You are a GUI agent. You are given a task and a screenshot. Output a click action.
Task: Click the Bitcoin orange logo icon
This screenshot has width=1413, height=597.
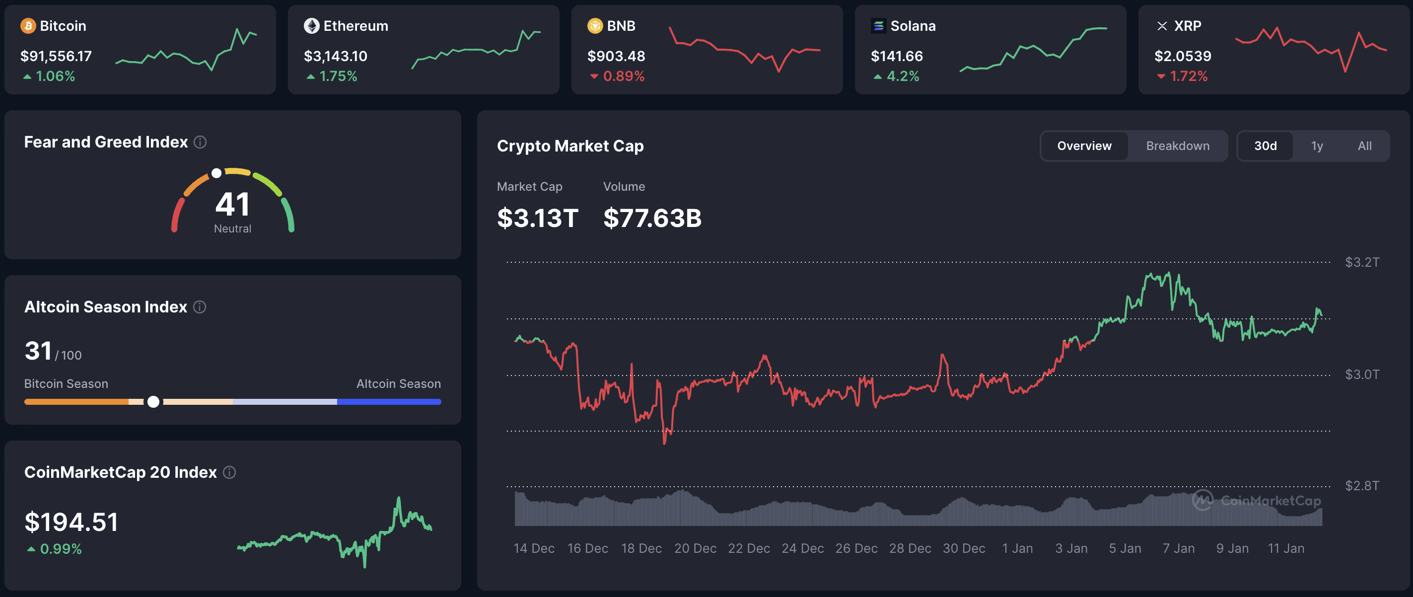click(x=28, y=26)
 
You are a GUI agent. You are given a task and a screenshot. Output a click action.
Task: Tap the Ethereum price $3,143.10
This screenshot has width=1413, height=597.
click(x=335, y=56)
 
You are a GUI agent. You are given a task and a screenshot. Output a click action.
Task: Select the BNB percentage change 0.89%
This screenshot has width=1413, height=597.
click(x=623, y=76)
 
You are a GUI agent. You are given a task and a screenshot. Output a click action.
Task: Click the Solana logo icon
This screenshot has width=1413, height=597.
click(x=878, y=26)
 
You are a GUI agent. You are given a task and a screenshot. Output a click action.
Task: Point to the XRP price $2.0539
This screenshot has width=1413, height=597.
click(x=1182, y=56)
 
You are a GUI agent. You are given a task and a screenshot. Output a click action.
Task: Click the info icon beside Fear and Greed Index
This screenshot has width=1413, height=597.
click(x=200, y=142)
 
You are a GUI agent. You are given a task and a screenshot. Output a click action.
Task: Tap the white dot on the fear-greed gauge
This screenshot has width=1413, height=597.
click(x=216, y=173)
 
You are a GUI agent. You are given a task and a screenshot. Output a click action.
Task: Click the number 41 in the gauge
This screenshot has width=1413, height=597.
click(x=232, y=204)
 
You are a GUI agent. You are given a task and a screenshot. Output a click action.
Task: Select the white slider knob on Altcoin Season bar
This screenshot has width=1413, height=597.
click(x=153, y=402)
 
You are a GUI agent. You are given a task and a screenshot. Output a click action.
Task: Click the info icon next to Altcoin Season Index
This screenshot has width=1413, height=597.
click(x=200, y=307)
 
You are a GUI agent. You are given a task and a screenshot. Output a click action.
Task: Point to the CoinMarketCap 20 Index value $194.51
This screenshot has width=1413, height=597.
click(x=71, y=522)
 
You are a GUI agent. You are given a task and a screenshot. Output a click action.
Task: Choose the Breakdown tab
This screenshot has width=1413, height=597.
click(x=1177, y=146)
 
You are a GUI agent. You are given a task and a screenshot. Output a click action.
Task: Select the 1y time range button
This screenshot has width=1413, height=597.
click(x=1317, y=146)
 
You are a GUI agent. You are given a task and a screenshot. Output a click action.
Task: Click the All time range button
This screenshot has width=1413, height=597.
click(x=1364, y=146)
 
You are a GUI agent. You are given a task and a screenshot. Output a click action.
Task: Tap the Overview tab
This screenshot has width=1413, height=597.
click(x=1084, y=146)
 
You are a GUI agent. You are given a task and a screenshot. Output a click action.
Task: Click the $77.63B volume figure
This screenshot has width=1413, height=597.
click(x=652, y=218)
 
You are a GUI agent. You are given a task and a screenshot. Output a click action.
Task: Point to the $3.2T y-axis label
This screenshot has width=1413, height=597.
click(x=1361, y=262)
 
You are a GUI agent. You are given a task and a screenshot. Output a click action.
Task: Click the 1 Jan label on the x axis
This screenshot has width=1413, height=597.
click(x=1017, y=548)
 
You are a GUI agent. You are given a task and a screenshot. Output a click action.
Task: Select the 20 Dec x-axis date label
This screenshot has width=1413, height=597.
click(x=695, y=548)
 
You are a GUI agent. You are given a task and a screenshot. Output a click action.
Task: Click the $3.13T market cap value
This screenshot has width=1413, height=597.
click(x=537, y=218)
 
